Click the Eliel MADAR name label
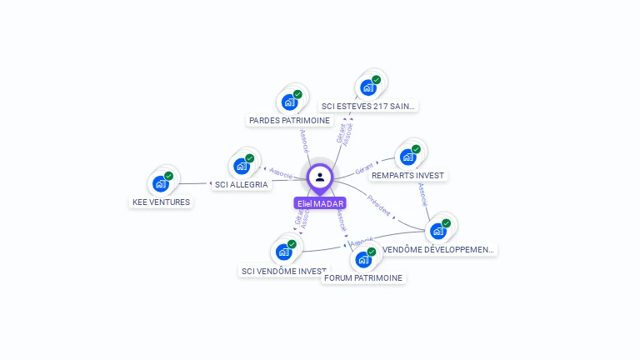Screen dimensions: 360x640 click(320, 203)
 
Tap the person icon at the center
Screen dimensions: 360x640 click(320, 177)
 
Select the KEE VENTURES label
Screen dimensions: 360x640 click(162, 202)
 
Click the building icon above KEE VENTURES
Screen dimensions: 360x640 click(161, 183)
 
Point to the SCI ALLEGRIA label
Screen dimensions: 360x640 click(241, 184)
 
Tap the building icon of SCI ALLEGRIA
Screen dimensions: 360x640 click(242, 165)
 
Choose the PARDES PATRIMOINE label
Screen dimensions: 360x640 click(289, 120)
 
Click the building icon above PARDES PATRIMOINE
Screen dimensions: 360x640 click(289, 102)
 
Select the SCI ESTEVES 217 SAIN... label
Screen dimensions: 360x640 click(368, 106)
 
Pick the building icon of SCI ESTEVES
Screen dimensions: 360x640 click(367, 87)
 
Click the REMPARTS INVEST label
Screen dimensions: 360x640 click(408, 175)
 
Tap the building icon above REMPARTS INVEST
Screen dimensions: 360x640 click(407, 157)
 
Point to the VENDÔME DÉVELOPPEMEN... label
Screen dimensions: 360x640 click(438, 249)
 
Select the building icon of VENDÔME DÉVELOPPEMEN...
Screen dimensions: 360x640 click(438, 230)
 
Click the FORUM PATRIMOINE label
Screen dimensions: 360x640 click(362, 277)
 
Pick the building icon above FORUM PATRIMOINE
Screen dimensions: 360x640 click(363, 258)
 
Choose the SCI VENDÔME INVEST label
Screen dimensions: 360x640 click(284, 271)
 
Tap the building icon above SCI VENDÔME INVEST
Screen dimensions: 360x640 click(283, 251)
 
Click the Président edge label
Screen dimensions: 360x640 click(378, 206)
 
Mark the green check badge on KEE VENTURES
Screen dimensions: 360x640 click(168, 176)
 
